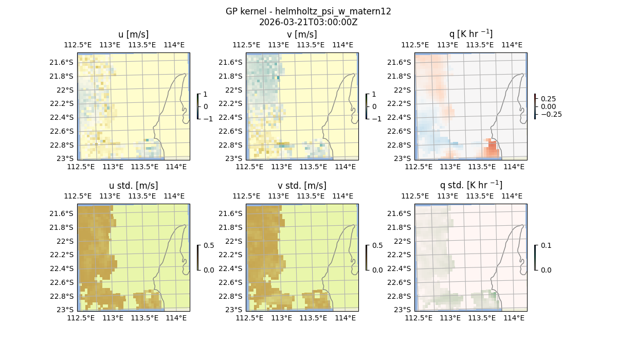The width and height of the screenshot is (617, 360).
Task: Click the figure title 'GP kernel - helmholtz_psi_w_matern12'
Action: pos(308,11)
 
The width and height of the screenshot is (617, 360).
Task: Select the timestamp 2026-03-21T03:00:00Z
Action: pos(308,22)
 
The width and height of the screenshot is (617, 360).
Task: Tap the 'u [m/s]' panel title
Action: pos(133,34)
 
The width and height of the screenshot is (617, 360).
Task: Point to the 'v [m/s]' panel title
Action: pos(302,34)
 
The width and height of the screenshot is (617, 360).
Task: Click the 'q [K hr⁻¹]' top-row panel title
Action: pos(470,34)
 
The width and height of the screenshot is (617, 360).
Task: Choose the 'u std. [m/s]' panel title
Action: pos(133,186)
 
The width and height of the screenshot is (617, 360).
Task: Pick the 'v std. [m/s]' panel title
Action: pos(302,186)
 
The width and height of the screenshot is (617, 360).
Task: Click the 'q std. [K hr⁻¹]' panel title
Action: pos(470,185)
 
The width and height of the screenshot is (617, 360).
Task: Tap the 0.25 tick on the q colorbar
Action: pos(548,99)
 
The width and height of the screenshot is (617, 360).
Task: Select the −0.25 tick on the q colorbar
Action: pos(551,114)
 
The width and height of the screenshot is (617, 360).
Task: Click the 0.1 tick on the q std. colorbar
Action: pos(545,246)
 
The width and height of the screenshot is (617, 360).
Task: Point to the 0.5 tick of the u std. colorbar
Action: pos(209,246)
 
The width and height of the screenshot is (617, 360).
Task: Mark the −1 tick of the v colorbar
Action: pos(377,119)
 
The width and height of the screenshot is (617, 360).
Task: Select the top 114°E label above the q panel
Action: pos(512,45)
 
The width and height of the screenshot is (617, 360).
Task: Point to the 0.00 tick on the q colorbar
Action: pos(548,106)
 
